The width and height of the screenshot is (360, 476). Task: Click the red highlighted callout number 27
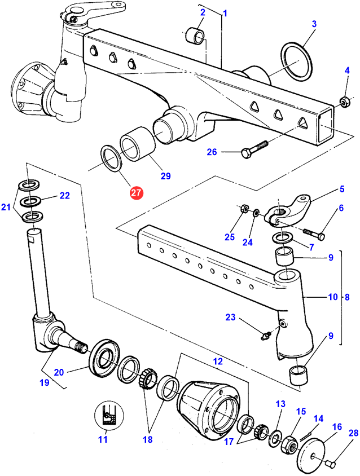click(x=137, y=193)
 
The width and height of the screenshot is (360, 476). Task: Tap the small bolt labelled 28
click(x=332, y=464)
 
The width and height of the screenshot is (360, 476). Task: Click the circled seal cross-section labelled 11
click(x=107, y=418)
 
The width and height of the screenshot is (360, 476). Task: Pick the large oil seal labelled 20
click(x=104, y=356)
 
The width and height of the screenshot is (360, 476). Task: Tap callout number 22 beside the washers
click(x=64, y=196)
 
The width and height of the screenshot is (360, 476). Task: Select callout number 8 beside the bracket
click(x=347, y=296)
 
